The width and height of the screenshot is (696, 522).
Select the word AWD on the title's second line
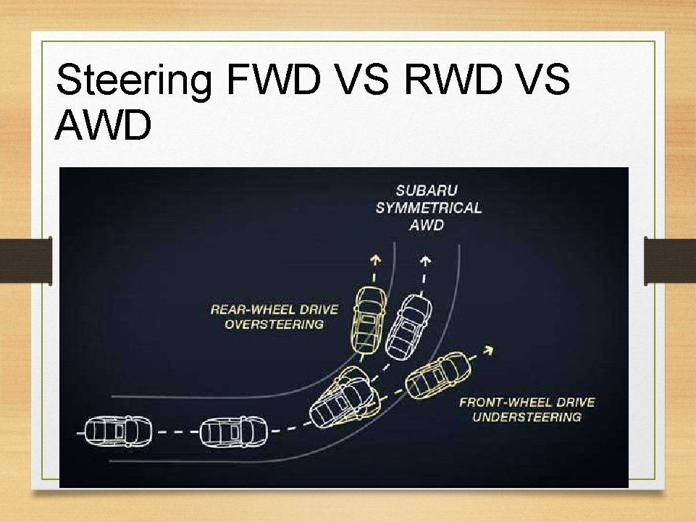click(x=104, y=125)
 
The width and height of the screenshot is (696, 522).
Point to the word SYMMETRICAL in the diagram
click(x=428, y=208)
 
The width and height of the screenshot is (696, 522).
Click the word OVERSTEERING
click(x=274, y=324)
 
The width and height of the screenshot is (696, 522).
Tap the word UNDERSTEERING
click(x=527, y=417)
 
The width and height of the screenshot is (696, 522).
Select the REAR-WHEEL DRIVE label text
click(x=274, y=309)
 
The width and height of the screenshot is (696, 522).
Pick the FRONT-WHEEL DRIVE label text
click(x=527, y=402)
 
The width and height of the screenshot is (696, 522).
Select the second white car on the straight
click(x=232, y=432)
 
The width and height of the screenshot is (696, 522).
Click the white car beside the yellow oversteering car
click(x=409, y=325)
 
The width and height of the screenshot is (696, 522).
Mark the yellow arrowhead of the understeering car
click(x=489, y=350)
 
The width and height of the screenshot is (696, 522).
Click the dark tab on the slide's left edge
click(x=26, y=261)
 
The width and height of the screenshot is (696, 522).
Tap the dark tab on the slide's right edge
click(x=670, y=261)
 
